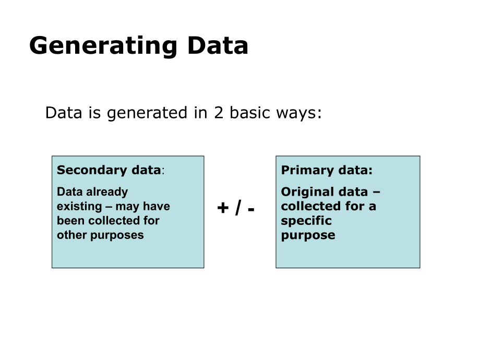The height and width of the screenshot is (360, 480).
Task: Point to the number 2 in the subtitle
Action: pos(219,113)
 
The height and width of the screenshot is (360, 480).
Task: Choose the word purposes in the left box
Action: pos(117,235)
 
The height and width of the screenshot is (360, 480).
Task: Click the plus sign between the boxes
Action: pos(223,208)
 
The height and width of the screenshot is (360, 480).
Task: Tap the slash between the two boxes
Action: pos(237,208)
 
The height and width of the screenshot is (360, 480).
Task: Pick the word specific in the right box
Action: pos(306,221)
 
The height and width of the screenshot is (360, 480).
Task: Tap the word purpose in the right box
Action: pos(308,235)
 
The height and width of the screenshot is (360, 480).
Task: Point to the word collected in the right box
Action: pos(311,206)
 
